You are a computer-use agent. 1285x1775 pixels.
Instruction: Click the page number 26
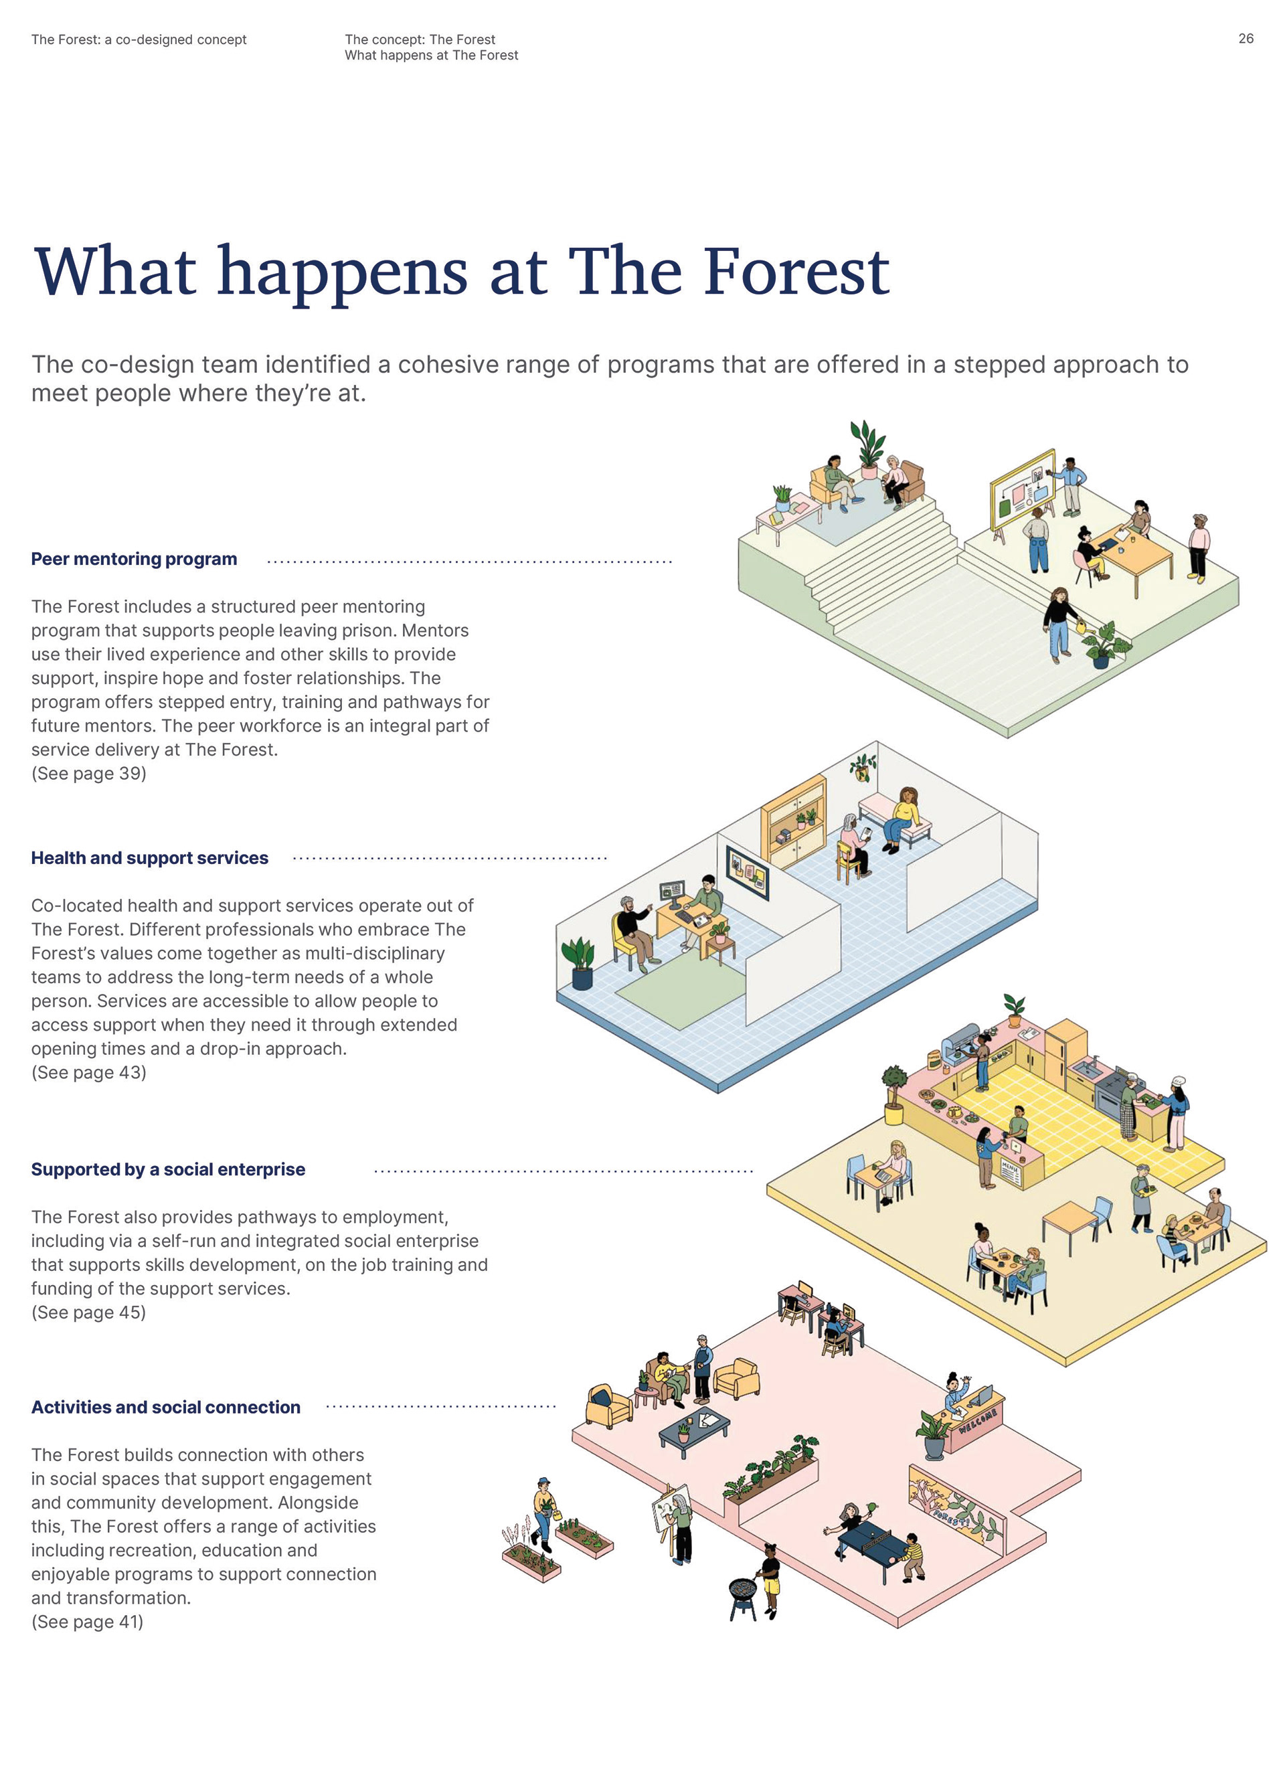coord(1245,38)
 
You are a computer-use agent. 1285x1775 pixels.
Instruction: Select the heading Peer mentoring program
coord(134,559)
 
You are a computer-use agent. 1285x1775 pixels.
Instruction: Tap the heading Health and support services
coord(149,858)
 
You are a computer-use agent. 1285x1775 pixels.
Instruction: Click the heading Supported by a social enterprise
coord(168,1169)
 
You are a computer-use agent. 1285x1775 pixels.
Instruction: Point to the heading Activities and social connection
coord(166,1407)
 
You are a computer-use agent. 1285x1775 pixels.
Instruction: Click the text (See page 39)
coord(88,773)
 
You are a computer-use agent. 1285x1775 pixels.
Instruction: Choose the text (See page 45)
coord(88,1312)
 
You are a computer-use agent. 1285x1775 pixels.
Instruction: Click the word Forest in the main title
coord(796,272)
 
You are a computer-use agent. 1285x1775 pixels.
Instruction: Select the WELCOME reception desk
coord(975,1420)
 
